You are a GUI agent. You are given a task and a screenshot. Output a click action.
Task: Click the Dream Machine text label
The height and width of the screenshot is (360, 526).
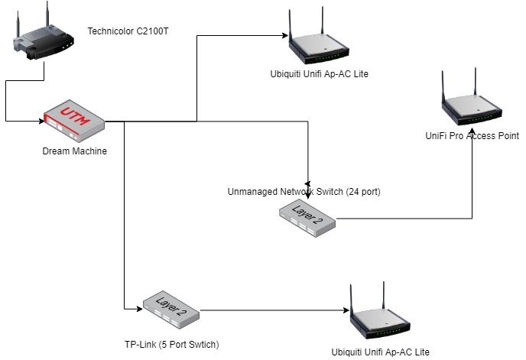tap(74, 151)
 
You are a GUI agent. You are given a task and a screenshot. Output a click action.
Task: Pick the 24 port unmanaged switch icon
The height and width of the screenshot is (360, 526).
tap(307, 217)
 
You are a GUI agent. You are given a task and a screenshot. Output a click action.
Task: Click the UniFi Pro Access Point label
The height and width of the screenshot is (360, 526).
tap(472, 135)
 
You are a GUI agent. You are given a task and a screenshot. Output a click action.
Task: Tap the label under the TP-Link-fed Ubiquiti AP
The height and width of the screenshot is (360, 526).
tap(380, 352)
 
